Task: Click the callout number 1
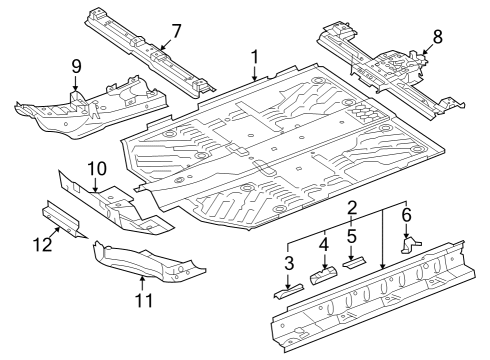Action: [255, 57]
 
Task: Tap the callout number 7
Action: [176, 31]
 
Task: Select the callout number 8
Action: [437, 37]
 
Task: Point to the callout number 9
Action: [76, 66]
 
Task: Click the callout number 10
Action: [97, 169]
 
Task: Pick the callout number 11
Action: [144, 300]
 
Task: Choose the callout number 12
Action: [42, 244]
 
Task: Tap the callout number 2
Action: [352, 208]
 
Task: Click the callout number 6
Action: [406, 215]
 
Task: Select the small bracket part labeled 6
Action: [410, 245]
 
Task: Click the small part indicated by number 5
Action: [354, 262]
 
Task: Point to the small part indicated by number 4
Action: [324, 276]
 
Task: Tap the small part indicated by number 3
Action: [289, 291]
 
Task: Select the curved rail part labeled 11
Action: [148, 261]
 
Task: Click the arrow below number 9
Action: [76, 83]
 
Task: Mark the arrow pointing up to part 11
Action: [143, 283]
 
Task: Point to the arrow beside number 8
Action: [428, 49]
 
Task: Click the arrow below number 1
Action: [255, 73]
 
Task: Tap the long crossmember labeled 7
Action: [150, 52]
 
